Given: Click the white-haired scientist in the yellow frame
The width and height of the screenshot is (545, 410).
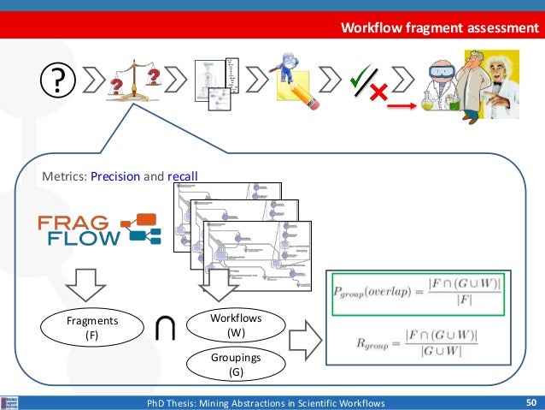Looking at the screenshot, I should (488, 85).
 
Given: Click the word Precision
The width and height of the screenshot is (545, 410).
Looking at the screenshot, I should (115, 177).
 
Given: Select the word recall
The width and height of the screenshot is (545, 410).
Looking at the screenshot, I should (182, 177).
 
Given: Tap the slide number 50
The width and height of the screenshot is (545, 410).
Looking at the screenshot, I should (530, 402).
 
